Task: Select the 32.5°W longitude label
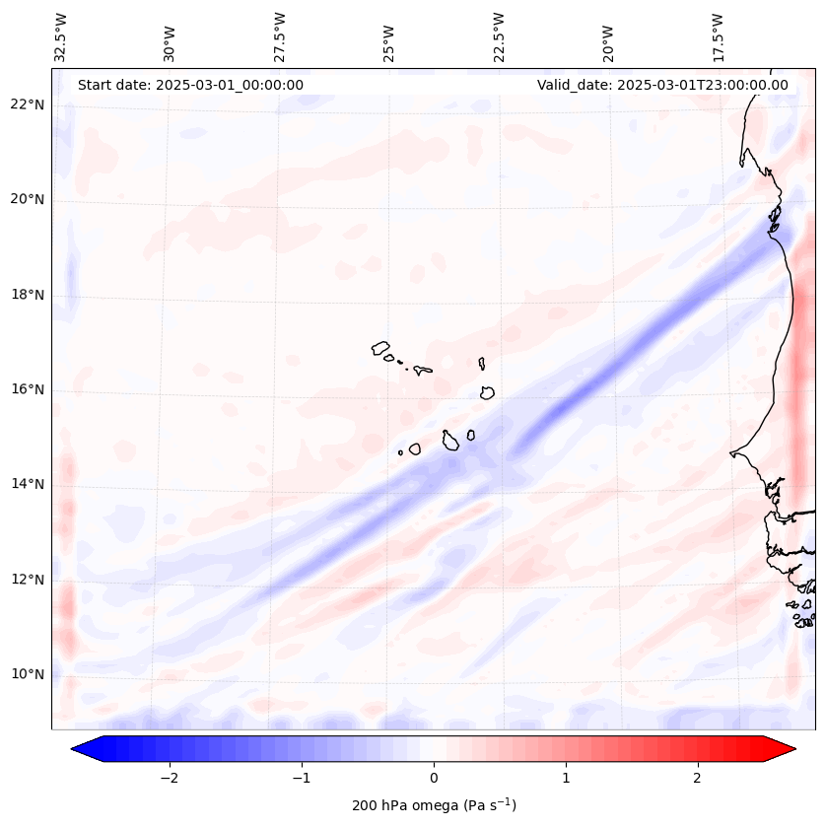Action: (61, 37)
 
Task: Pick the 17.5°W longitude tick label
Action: (718, 37)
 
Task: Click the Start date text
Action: (190, 85)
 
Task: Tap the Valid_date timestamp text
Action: (662, 85)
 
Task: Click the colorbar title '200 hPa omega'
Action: (434, 805)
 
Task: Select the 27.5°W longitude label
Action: (280, 37)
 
